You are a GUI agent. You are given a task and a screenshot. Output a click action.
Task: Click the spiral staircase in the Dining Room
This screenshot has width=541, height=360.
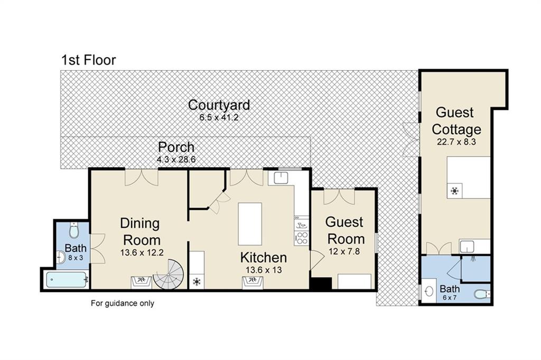pos(169,274)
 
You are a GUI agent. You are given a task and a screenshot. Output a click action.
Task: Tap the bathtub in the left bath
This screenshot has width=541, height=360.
pos(67,280)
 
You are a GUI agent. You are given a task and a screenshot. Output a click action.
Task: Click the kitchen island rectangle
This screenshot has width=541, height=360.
pos(250,224)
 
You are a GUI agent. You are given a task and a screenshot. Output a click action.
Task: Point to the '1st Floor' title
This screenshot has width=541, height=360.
pos(89,60)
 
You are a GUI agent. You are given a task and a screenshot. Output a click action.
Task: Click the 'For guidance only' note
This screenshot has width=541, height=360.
pos(123,303)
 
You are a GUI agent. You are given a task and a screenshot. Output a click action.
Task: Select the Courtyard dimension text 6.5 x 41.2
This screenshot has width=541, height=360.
pos(219,117)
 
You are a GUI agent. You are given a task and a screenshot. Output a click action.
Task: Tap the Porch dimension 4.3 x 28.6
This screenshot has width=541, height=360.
pos(176,160)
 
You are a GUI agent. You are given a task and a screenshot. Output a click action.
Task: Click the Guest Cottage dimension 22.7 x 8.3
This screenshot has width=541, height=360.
pos(456,142)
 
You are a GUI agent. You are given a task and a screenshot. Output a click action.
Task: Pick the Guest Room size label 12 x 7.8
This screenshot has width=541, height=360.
pos(344,251)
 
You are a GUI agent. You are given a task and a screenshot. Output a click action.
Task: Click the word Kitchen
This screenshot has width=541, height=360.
pos(263,257)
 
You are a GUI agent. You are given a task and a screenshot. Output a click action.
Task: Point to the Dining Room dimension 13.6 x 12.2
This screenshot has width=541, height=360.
pos(142,253)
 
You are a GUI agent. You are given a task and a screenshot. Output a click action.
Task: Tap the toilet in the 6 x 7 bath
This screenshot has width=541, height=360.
pos(482,294)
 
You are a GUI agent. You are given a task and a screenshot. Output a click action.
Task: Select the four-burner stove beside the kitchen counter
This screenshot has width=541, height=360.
pos(302,238)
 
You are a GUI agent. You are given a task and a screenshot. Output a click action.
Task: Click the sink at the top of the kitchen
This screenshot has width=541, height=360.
pos(281,178)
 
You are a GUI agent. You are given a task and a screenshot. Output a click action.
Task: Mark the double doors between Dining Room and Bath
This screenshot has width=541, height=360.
pos(98,248)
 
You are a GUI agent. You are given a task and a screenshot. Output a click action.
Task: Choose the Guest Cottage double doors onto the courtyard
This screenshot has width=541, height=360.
pos(411,140)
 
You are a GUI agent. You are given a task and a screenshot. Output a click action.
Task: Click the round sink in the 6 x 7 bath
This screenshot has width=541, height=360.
pos(429,292)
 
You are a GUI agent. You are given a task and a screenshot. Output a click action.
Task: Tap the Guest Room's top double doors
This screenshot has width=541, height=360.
pos(339,197)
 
